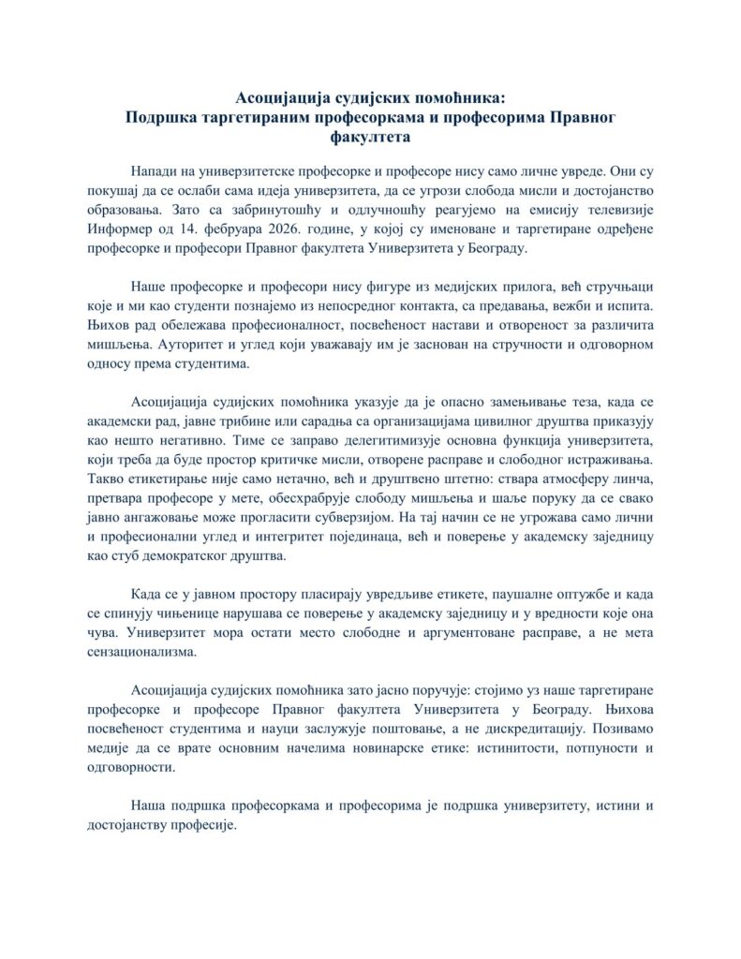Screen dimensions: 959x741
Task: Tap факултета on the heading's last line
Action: tap(371, 137)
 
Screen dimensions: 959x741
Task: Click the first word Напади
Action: tap(155, 172)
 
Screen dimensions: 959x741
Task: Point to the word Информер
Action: tap(121, 231)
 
